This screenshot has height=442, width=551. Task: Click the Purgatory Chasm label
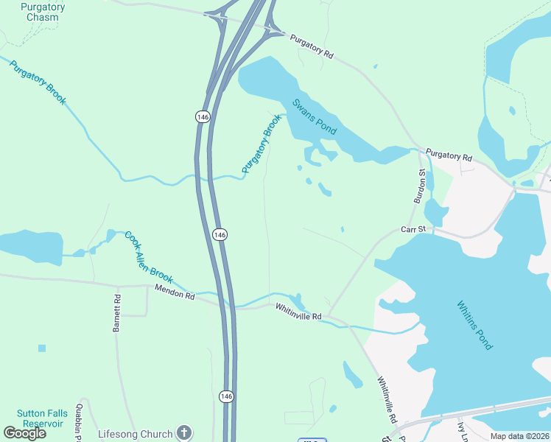pos(42,12)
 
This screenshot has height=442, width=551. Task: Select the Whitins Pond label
pos(474,325)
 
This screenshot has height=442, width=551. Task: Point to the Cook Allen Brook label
pos(148,257)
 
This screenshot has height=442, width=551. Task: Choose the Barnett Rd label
pos(116,314)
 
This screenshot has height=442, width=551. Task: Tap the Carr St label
pos(413,230)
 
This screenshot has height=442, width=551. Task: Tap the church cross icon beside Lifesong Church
pos(184,433)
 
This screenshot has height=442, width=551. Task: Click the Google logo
pos(24,432)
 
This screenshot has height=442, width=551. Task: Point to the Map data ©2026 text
pos(519,436)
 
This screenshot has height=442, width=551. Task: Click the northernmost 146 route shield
pos(202,116)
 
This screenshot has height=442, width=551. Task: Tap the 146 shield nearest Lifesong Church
pos(227,396)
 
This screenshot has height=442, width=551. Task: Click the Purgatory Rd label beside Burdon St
pos(448,156)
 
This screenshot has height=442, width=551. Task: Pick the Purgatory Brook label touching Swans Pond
pos(262,144)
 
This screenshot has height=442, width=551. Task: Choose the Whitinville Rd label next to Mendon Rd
pos(299,312)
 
